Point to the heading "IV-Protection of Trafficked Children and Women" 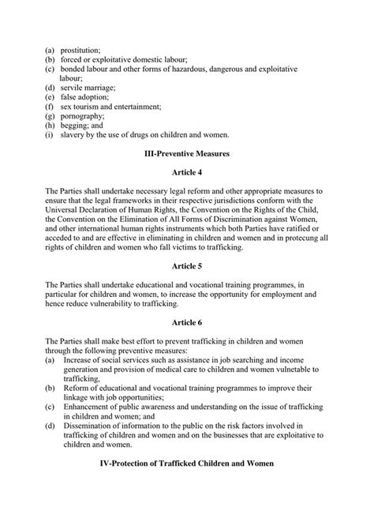click(x=187, y=463)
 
